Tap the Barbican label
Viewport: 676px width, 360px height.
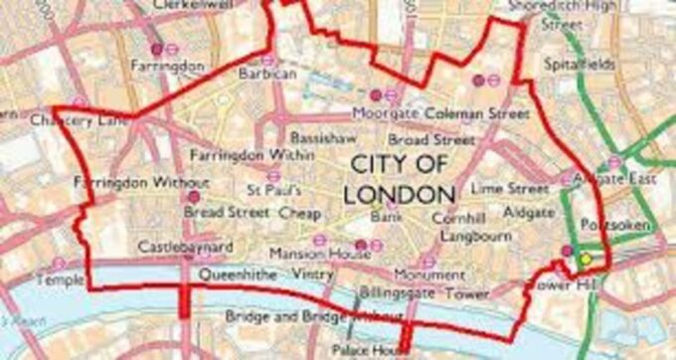(267, 74)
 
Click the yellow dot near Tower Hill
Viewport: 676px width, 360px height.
(586, 259)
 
